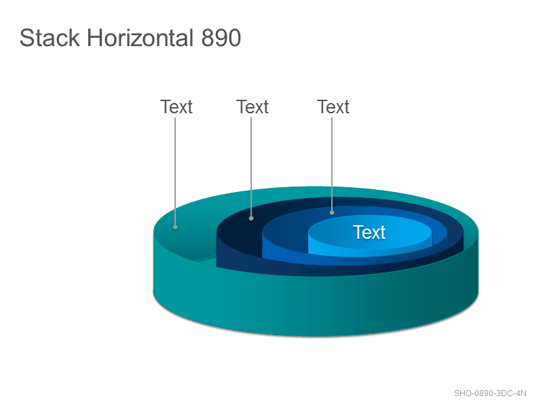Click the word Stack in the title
(50, 37)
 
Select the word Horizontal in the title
(140, 37)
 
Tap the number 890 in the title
(221, 37)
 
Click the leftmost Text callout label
(176, 106)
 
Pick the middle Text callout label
(252, 106)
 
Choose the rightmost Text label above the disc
(333, 106)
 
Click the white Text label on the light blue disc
(369, 232)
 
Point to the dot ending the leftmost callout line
(175, 227)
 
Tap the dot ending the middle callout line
(251, 218)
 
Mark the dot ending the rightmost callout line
(332, 213)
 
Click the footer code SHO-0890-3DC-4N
(490, 393)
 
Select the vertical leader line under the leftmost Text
(175, 172)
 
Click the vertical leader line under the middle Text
(251, 167)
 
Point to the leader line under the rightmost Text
(332, 164)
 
